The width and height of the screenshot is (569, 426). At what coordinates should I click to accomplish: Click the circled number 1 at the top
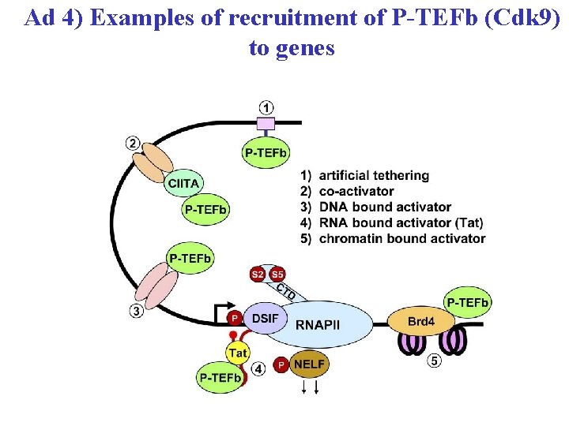[267, 107]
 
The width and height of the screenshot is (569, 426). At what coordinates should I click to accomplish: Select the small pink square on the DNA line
[266, 122]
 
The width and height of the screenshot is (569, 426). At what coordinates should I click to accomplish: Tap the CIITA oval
[183, 183]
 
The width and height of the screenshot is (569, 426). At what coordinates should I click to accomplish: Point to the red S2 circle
[258, 275]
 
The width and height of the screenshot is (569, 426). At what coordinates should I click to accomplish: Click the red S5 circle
[277, 275]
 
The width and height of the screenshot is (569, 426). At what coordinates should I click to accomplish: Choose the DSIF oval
[264, 318]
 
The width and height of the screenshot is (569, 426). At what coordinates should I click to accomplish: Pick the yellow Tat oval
[238, 353]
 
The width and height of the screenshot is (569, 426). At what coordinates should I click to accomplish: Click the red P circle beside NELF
[281, 365]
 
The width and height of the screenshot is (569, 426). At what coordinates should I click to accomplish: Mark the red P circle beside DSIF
[234, 318]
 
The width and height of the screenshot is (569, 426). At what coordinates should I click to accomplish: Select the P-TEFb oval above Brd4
[468, 301]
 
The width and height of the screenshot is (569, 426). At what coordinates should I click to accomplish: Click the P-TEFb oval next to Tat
[220, 379]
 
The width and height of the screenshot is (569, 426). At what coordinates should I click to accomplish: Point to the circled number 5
[434, 361]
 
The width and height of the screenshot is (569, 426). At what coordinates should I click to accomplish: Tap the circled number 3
[137, 311]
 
